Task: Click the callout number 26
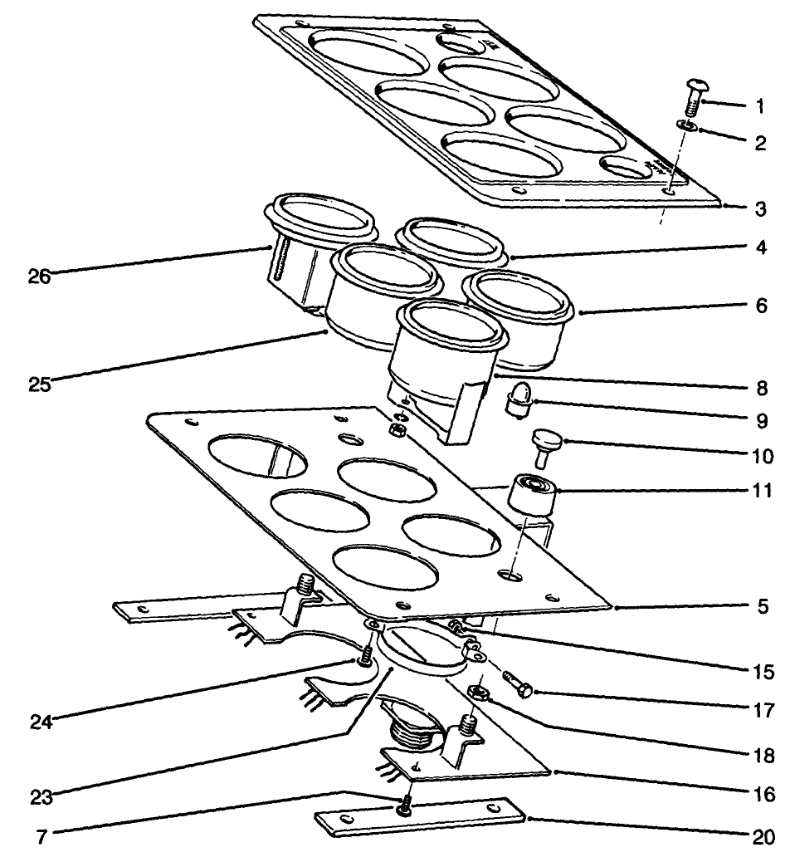pyautogui.click(x=37, y=277)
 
